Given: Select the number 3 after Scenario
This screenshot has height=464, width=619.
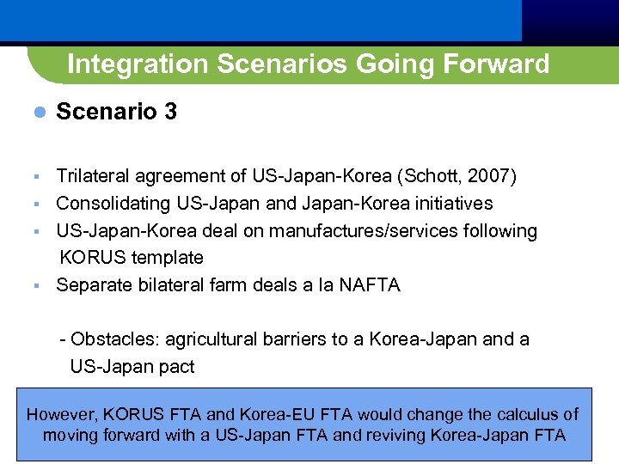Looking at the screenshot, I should pyautogui.click(x=169, y=112).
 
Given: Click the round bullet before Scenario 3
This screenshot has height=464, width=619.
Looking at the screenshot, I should pyautogui.click(x=37, y=113).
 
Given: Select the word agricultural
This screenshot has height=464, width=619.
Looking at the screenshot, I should pyautogui.click(x=212, y=339).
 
